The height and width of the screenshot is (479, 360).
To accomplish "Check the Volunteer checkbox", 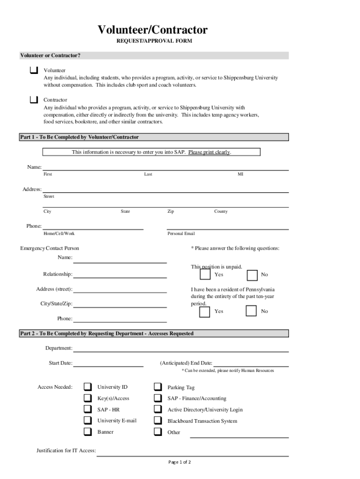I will [x=34, y=71].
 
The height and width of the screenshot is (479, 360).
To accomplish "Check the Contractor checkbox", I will [x=34, y=100].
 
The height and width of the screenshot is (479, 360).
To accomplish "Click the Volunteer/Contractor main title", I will [x=152, y=30].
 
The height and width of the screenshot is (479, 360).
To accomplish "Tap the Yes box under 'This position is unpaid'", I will [x=205, y=275].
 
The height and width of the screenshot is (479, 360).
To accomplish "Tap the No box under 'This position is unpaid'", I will [x=252, y=275].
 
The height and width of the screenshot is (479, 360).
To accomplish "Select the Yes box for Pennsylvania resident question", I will [x=205, y=312].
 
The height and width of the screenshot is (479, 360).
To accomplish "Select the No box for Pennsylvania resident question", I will [x=252, y=311].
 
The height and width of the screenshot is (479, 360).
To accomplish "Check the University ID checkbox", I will [x=88, y=387].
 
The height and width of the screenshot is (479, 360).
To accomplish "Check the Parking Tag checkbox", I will [x=158, y=387].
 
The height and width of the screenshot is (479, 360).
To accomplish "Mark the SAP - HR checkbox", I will [x=88, y=409].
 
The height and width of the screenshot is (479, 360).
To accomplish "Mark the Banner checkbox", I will [x=88, y=432].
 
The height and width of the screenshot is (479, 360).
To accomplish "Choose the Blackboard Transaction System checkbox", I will [x=158, y=421].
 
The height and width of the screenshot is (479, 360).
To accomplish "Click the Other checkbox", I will [x=158, y=432].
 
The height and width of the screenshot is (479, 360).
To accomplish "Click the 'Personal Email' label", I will [x=181, y=233].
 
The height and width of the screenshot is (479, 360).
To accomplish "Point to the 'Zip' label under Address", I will [x=171, y=211].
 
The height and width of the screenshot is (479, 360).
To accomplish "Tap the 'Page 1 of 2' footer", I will [x=180, y=462].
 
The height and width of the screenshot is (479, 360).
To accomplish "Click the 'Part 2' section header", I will [x=107, y=334].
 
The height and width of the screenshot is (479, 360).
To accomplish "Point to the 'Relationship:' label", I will [x=58, y=274].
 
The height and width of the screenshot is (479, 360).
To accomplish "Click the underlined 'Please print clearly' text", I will [x=209, y=152].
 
